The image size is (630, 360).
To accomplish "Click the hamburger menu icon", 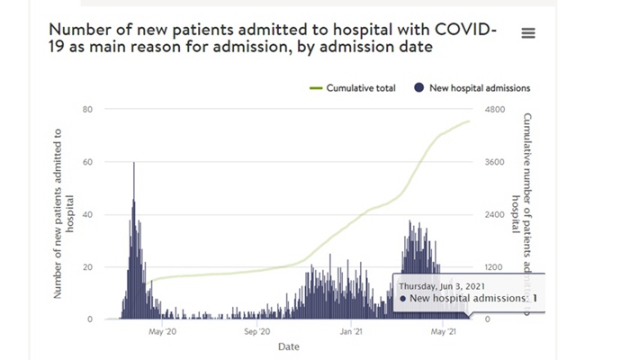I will click(528, 32).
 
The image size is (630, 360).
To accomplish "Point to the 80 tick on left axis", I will click(88, 110).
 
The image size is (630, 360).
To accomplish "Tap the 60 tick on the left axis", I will click(88, 162).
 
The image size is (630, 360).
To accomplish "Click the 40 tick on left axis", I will click(88, 214).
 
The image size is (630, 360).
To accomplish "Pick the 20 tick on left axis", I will click(88, 267).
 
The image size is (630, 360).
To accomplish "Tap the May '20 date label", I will click(162, 330).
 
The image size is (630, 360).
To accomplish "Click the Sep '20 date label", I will click(256, 330).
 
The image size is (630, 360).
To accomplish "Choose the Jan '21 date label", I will click(351, 330).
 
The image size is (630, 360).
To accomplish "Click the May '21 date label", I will click(445, 330).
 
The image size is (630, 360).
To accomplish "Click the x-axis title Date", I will click(289, 346).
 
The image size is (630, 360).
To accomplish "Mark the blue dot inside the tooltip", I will click(401, 298).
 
